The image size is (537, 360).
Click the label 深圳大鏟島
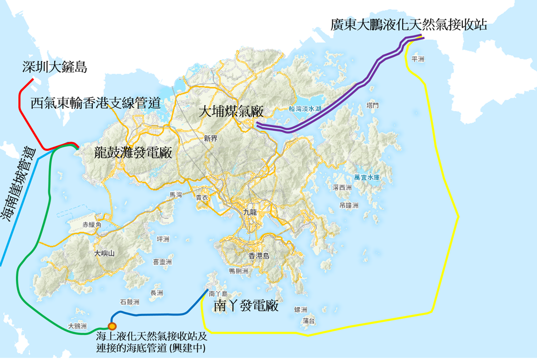pyautogui.click(x=55, y=67)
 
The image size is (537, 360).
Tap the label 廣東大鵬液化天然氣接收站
pyautogui.click(x=409, y=25)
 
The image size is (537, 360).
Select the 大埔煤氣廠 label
pyautogui.click(x=231, y=112)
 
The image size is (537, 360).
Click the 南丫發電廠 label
pyautogui.click(x=245, y=306)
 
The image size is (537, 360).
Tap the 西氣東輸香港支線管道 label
pyautogui.click(x=96, y=102)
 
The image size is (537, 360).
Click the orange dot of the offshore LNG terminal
pyautogui.click(x=112, y=326)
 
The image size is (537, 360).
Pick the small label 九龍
pyautogui.click(x=250, y=212)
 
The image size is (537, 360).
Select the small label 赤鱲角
pyautogui.click(x=92, y=225)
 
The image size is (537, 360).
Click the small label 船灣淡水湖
pyautogui.click(x=304, y=108)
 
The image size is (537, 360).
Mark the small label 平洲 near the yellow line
pyautogui.click(x=417, y=60)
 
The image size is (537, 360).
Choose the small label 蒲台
pyautogui.click(x=309, y=320)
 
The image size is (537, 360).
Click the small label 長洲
pyautogui.click(x=157, y=292)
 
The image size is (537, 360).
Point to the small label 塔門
pyautogui.click(x=372, y=105)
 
